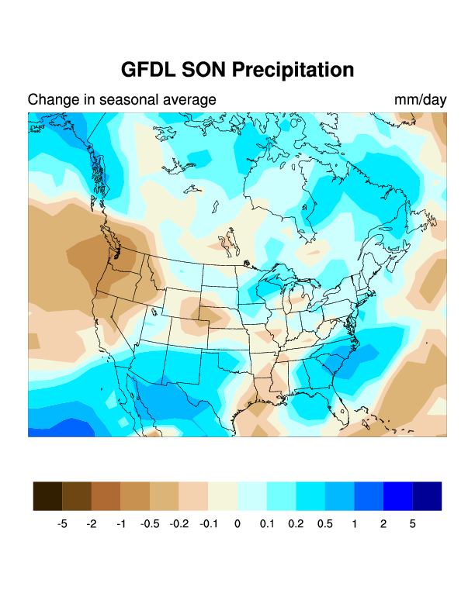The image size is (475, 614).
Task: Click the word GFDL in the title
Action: coord(147,70)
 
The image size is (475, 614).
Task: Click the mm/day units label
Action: coord(421,100)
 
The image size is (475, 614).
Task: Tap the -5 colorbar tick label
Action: coord(62,524)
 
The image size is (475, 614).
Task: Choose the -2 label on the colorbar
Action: coord(92,524)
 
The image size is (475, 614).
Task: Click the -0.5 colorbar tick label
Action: coord(150,524)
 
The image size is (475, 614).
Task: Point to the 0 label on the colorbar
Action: coord(237,524)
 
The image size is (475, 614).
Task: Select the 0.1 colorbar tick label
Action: coord(267,524)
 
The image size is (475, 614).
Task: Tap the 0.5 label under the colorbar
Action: coord(325,524)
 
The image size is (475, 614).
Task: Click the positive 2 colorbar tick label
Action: coord(383,524)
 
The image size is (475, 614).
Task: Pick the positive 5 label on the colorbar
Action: coord(413,524)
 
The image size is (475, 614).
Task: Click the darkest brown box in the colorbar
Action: coord(47,496)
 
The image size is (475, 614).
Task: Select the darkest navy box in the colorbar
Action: coord(427,496)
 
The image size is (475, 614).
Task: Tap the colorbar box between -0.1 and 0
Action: coord(223,496)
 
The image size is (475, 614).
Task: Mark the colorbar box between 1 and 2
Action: coord(369,496)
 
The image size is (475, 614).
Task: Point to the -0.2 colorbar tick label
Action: coord(179,524)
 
